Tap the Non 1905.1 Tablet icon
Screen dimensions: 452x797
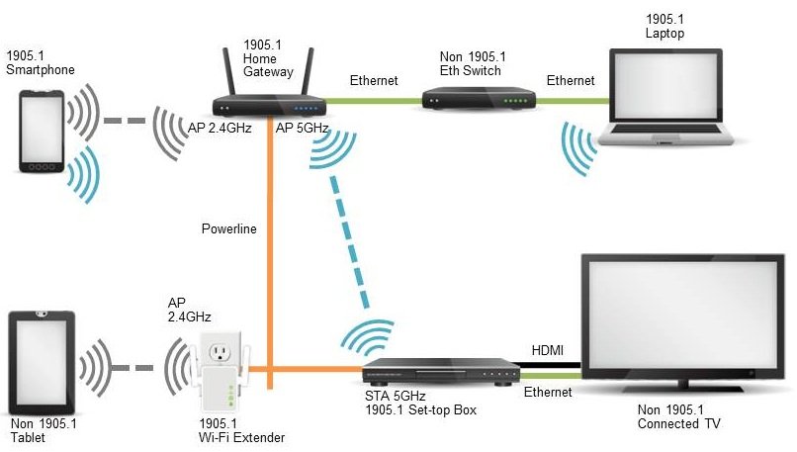(42, 363)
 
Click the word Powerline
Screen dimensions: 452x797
(228, 229)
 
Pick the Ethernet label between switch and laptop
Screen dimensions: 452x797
(571, 80)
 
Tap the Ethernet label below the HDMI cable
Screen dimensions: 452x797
(548, 393)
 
